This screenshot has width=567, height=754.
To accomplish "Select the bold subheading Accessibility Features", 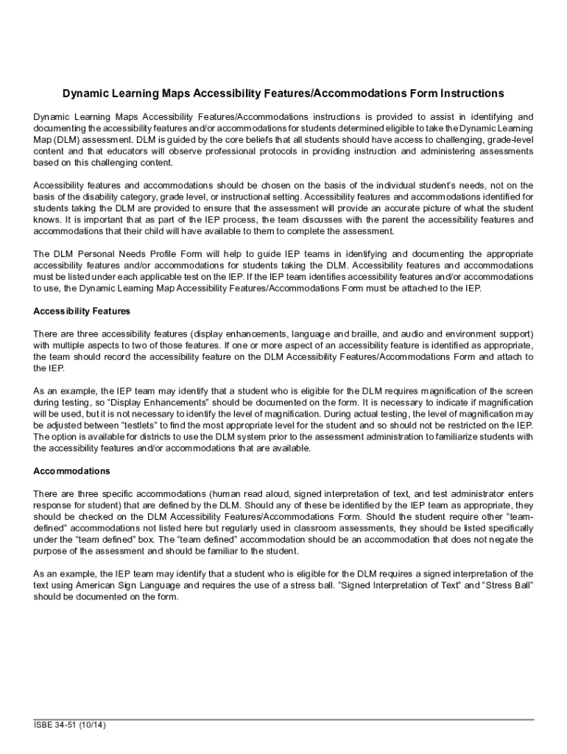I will tap(82, 311).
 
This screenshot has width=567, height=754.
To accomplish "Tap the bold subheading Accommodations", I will tap(71, 471).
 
